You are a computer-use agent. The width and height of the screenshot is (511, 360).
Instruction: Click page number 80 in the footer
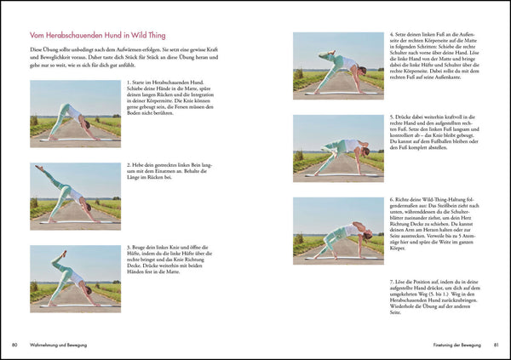15,345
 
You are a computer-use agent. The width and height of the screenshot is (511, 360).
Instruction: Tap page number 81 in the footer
496,345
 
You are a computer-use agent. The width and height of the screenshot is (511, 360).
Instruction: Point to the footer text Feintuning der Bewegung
451,345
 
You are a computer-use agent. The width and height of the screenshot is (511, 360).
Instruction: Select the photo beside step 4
337,61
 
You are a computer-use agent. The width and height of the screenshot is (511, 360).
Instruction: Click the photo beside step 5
337,144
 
